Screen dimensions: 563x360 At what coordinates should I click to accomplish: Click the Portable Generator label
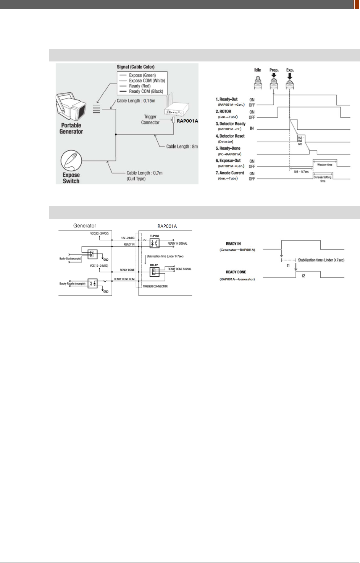click(71, 128)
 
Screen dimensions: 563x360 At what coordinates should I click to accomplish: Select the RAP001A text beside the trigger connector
click(187, 121)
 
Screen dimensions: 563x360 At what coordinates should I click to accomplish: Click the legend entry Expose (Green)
click(142, 75)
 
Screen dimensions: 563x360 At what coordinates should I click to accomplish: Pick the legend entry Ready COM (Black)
click(146, 91)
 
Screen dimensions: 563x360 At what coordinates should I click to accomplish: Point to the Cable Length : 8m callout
click(182, 147)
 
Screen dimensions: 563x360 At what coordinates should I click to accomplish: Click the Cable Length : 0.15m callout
click(136, 101)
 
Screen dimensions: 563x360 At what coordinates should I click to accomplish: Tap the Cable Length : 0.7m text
click(144, 173)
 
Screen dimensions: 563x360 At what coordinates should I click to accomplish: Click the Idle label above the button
click(258, 70)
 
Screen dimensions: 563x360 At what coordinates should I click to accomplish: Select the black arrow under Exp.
click(290, 76)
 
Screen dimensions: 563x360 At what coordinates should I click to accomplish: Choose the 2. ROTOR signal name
click(225, 111)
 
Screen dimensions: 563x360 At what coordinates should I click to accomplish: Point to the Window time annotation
click(324, 165)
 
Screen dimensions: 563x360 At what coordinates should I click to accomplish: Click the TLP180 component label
click(155, 236)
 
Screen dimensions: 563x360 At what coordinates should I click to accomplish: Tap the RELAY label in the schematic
click(154, 265)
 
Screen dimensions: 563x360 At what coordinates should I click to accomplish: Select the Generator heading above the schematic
click(85, 226)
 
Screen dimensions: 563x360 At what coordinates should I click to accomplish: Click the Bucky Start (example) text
click(70, 259)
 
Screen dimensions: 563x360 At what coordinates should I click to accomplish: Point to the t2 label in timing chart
click(303, 276)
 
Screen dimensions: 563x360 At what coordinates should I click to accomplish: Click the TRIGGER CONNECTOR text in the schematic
click(155, 286)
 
